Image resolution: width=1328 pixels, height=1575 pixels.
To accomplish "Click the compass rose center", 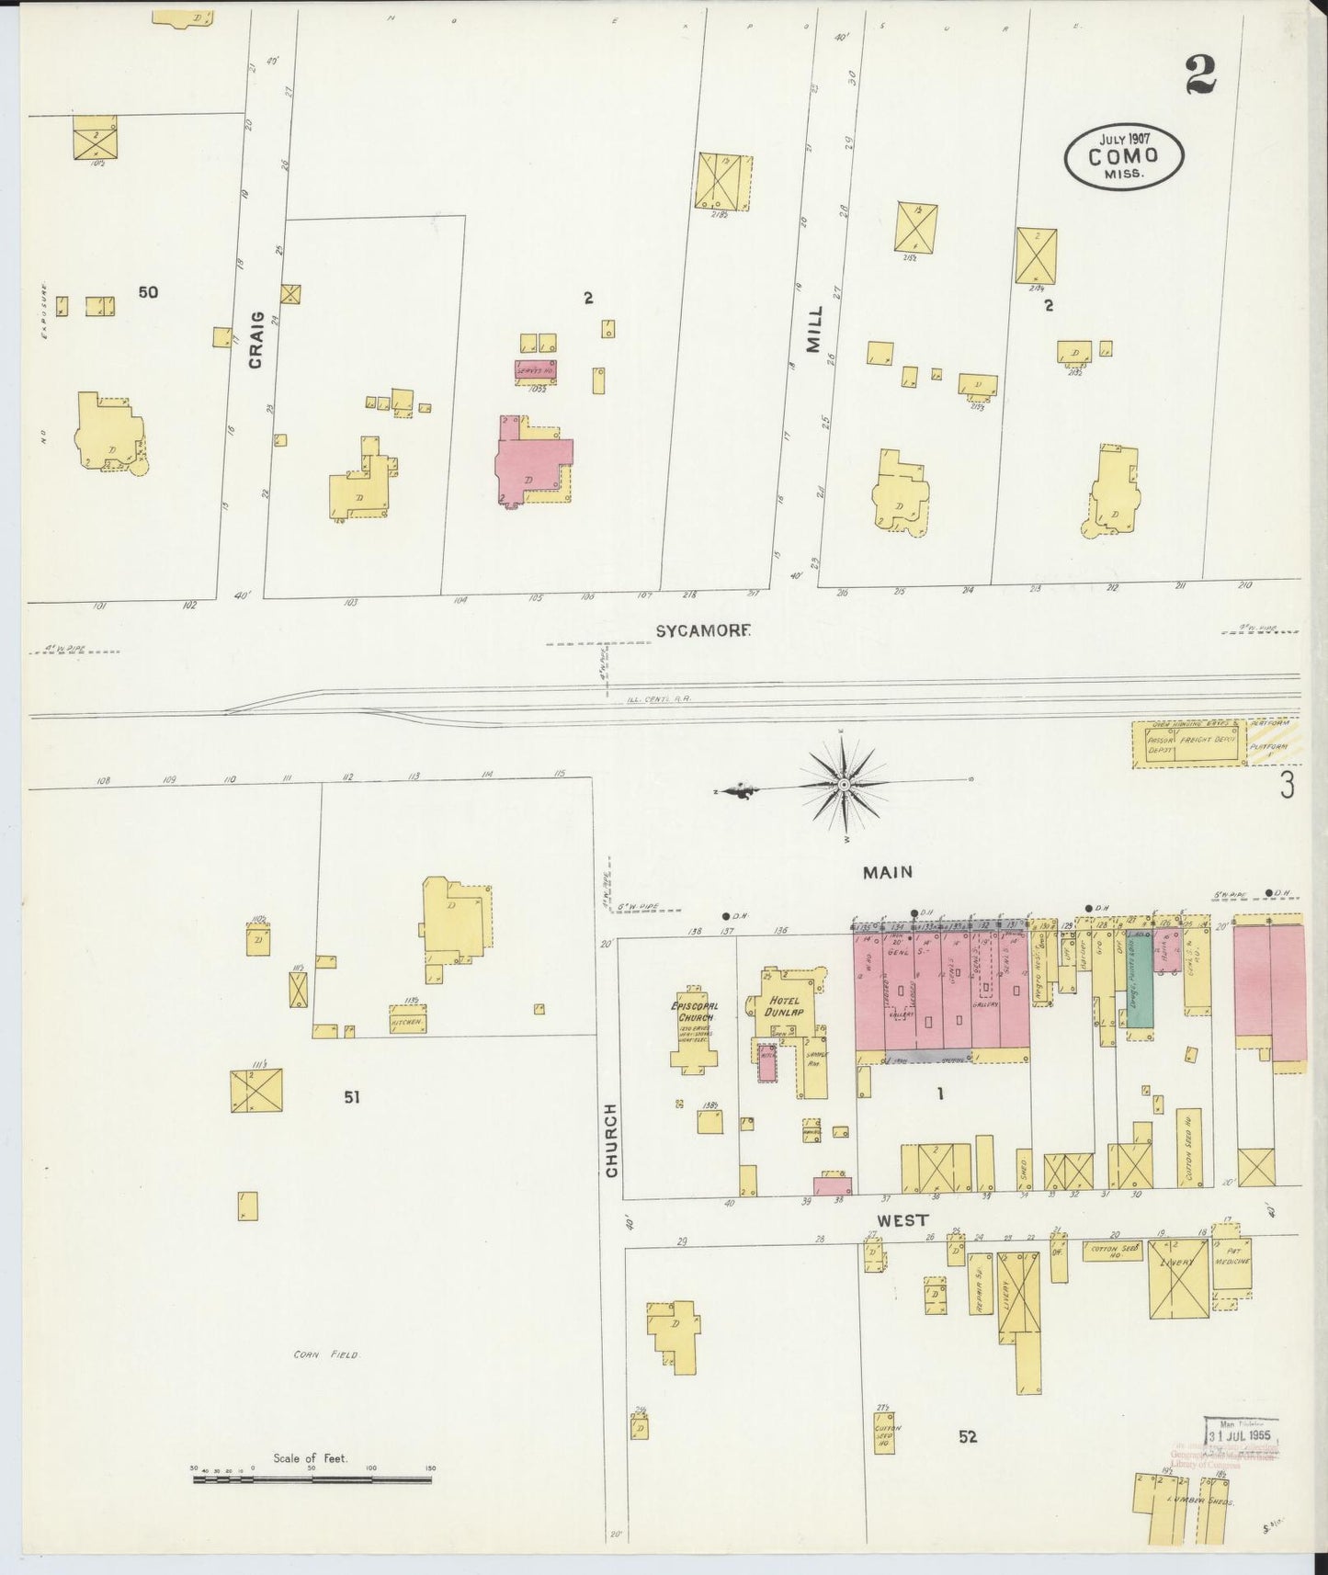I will [x=844, y=784].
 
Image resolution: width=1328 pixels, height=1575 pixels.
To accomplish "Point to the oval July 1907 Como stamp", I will [x=1122, y=156].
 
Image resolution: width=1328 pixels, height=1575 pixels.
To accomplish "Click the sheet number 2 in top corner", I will [x=1200, y=75].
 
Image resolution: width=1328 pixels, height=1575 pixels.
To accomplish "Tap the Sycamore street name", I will [x=703, y=630].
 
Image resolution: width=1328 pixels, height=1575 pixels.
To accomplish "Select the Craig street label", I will [x=255, y=339].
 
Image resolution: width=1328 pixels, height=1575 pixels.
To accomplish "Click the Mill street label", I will [x=813, y=329].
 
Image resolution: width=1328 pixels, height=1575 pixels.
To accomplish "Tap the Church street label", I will [x=611, y=1139].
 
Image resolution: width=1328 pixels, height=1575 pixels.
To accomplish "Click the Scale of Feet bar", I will [x=312, y=1479].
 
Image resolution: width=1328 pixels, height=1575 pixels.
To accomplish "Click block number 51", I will [x=352, y=1096].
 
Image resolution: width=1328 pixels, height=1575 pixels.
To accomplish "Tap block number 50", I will [x=148, y=292].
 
